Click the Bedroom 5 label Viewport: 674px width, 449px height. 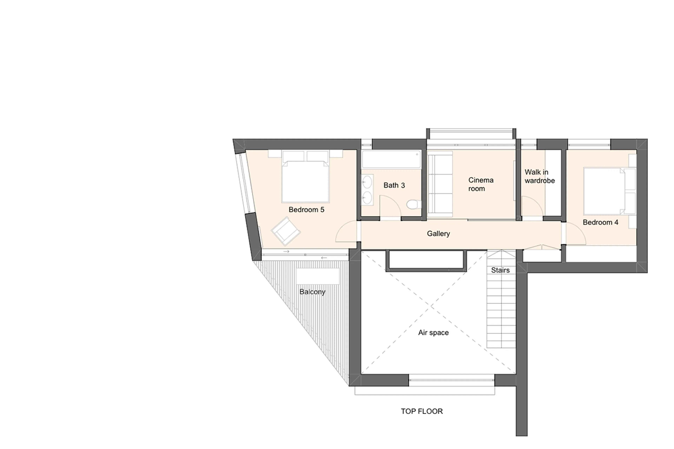click(306, 210)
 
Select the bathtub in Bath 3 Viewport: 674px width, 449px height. click(391, 159)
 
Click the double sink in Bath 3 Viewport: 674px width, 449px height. click(367, 189)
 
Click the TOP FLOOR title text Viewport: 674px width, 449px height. click(422, 411)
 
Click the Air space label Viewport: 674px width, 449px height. click(433, 333)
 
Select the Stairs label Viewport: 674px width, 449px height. click(500, 270)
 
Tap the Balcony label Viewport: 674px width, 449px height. click(312, 292)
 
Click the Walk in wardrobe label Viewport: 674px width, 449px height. click(539, 176)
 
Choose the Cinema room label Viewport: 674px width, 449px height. click(481, 184)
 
